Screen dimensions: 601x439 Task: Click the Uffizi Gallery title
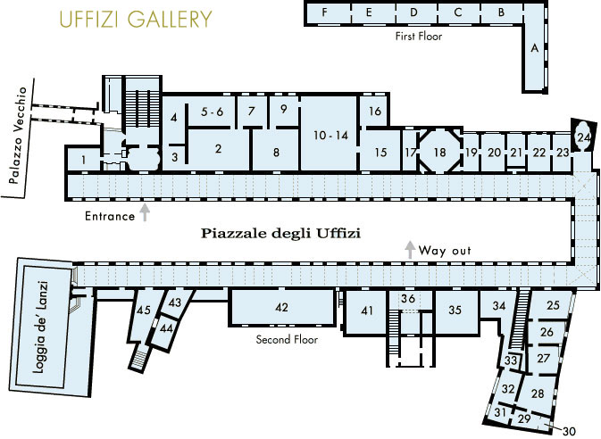click(136, 19)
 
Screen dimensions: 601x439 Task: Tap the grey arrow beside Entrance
click(145, 212)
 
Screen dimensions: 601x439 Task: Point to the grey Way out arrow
click(410, 250)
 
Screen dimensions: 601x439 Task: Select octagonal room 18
click(440, 152)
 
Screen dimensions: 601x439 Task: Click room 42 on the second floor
click(281, 307)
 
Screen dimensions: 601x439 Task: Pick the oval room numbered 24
click(584, 137)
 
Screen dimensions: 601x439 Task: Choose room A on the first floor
click(534, 48)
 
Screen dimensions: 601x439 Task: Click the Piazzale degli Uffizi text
click(281, 233)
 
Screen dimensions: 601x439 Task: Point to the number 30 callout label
click(569, 431)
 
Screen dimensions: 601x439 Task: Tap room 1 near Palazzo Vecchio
click(83, 160)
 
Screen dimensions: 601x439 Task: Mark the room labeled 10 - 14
click(330, 134)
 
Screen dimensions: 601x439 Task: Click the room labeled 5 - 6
click(213, 112)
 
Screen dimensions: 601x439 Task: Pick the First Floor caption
click(419, 37)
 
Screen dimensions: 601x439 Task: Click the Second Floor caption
click(287, 339)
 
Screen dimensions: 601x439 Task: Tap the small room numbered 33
click(511, 360)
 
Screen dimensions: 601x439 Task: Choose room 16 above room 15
click(374, 112)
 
